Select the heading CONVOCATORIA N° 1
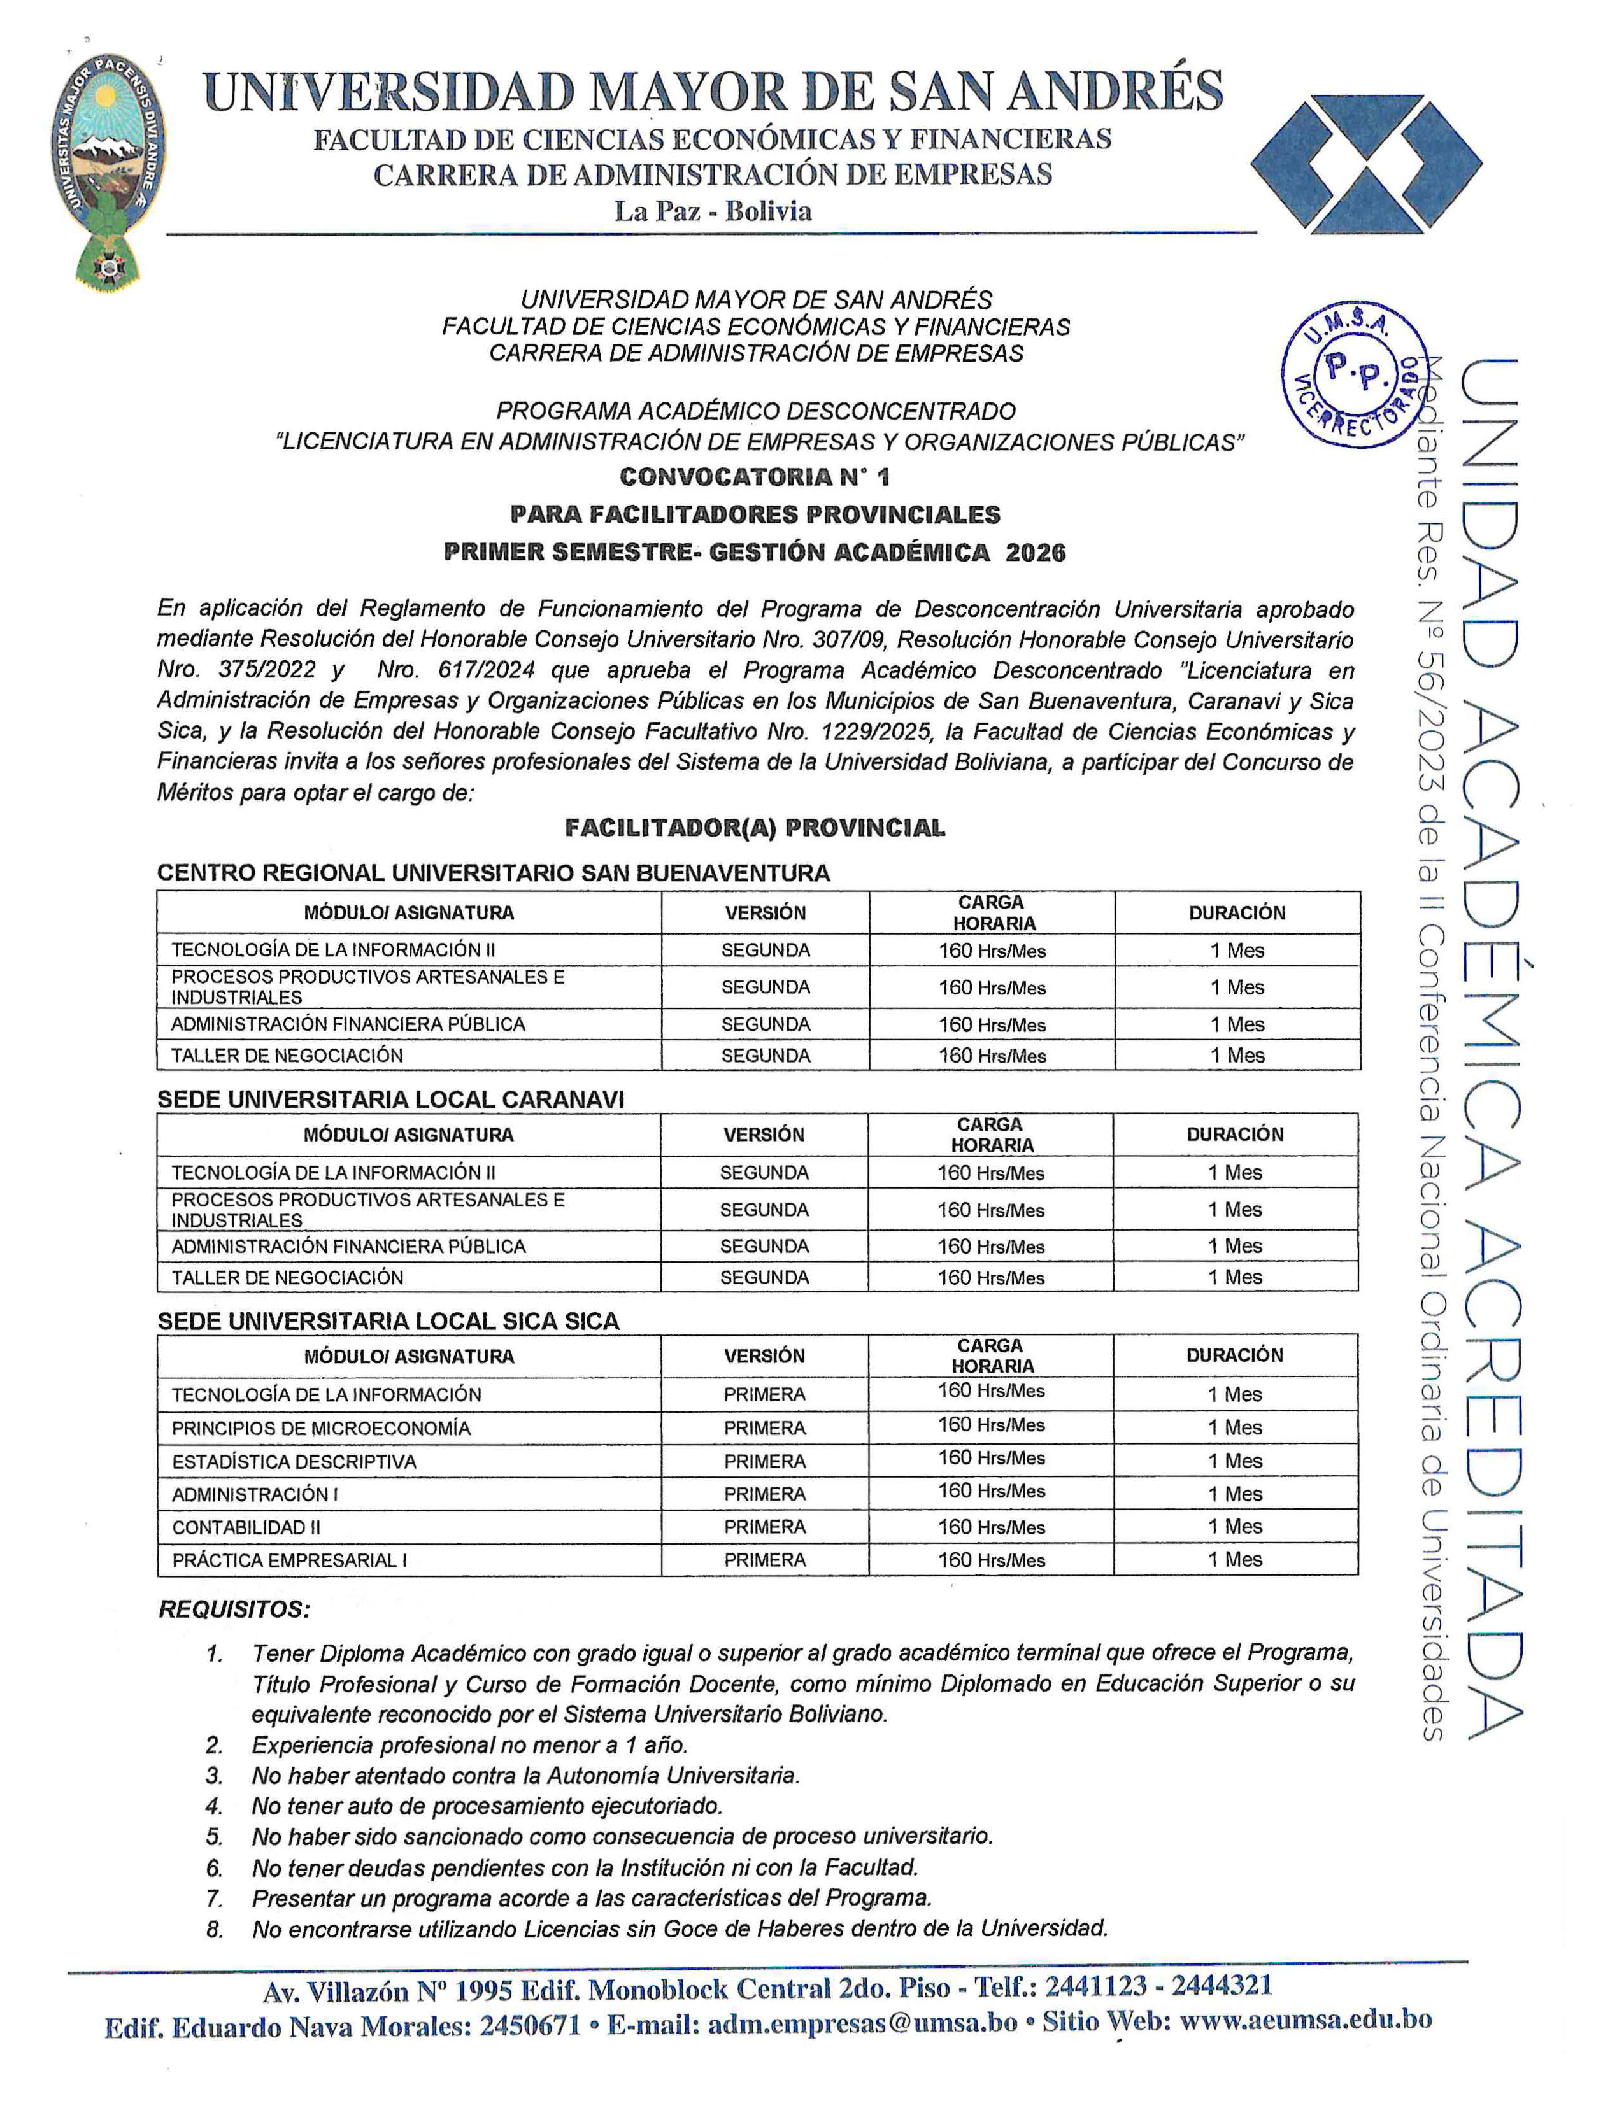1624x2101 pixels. pos(755,477)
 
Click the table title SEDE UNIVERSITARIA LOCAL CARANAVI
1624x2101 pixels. pos(390,1100)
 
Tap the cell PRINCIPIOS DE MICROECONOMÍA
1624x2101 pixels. pos(322,1429)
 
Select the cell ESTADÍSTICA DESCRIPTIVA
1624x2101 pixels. pos(294,1462)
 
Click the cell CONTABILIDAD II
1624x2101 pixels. pos(246,1527)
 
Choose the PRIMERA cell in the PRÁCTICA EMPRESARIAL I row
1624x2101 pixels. pos(765,1560)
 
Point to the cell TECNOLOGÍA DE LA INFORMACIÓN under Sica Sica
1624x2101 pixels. pos(326,1395)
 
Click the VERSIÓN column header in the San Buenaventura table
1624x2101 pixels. pos(765,913)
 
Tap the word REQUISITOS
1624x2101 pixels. pos(234,1610)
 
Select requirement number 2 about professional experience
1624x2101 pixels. pos(469,1745)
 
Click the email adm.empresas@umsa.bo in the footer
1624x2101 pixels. pos(862,2023)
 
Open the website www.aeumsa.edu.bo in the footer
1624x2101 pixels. pos(1306,2021)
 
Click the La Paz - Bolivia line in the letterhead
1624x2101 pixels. pos(713,211)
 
